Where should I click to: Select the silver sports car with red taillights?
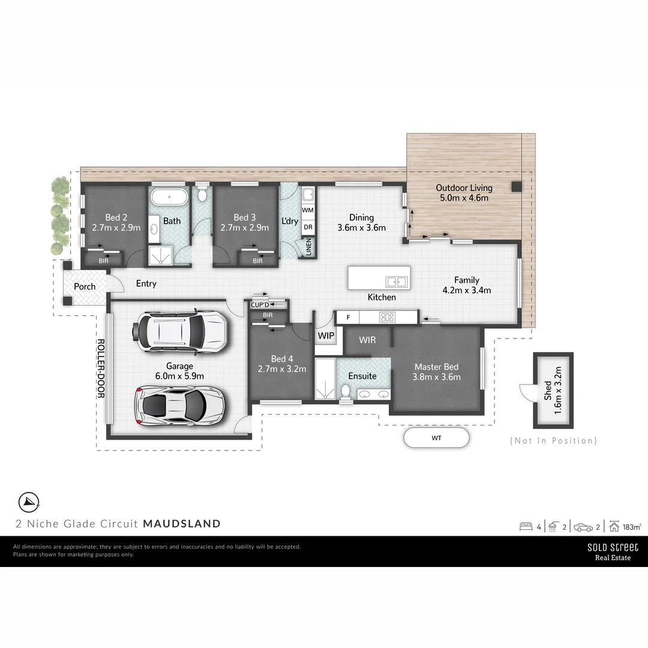(180, 406)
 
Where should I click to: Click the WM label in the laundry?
(307, 210)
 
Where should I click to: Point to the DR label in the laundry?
(307, 227)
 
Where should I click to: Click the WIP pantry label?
(326, 336)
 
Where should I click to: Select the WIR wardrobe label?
(367, 340)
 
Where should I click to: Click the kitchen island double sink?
(397, 281)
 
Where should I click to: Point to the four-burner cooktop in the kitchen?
(388, 317)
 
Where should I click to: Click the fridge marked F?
(348, 317)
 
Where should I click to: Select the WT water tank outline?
(436, 438)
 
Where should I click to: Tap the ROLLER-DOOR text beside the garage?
(101, 368)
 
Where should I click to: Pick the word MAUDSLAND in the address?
(182, 524)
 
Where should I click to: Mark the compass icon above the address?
(29, 501)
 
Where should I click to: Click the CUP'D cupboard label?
(260, 305)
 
